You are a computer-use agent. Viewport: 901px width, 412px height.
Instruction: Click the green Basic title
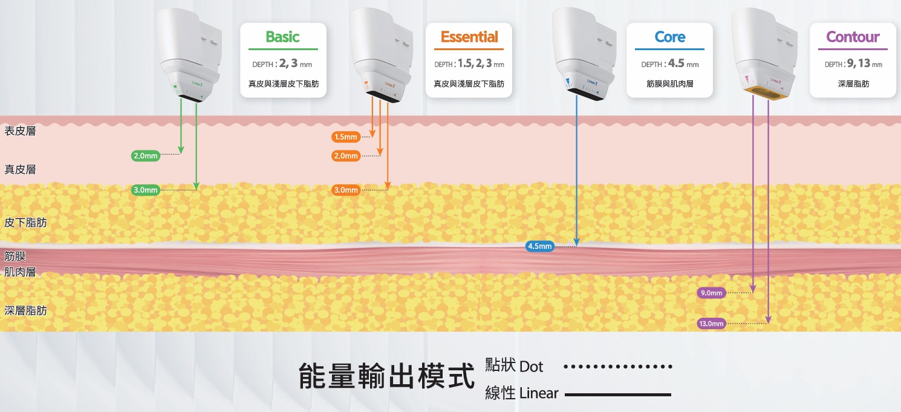[282, 37]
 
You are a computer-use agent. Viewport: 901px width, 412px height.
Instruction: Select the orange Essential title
[469, 37]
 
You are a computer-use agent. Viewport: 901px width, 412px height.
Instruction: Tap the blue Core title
[669, 37]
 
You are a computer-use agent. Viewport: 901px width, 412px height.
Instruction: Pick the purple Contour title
[853, 37]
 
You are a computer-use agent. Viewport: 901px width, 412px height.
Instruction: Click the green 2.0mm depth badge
[145, 156]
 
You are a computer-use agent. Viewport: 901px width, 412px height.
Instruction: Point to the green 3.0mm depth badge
[145, 190]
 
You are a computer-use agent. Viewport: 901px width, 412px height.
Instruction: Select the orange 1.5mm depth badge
[346, 137]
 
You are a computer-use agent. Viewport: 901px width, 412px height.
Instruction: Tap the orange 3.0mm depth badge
[346, 190]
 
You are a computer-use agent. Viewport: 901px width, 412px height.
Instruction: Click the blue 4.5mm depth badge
[540, 246]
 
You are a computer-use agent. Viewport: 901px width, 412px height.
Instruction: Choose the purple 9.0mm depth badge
[711, 293]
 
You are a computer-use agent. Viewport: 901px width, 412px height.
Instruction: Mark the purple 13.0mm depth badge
[711, 324]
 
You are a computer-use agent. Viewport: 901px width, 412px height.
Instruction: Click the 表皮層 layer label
[20, 131]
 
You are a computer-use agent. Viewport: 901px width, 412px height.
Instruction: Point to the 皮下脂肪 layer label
[25, 222]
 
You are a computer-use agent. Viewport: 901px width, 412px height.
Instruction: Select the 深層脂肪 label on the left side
[25, 311]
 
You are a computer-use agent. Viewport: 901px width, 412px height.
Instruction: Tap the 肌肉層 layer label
[20, 272]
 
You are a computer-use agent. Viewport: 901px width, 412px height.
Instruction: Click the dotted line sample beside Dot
[617, 367]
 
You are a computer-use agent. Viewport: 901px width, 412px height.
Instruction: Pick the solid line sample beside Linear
[617, 394]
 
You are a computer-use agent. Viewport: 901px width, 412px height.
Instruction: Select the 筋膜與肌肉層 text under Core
[669, 84]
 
